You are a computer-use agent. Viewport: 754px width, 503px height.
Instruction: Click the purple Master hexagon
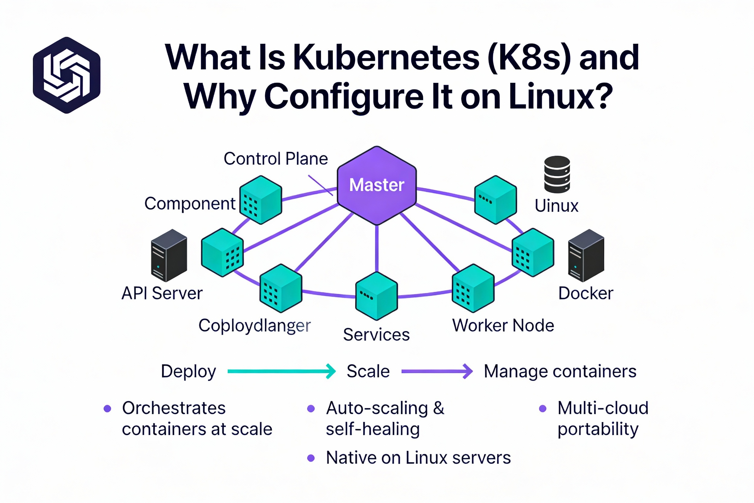[377, 185]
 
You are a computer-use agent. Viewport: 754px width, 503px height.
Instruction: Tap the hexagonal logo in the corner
[67, 75]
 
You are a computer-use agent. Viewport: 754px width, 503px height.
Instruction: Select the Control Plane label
[276, 158]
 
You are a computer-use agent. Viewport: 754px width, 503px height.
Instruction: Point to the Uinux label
[556, 206]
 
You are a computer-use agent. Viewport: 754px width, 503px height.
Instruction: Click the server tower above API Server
[169, 255]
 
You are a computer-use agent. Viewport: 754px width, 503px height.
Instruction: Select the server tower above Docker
[586, 255]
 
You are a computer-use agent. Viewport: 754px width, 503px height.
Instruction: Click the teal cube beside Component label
[261, 200]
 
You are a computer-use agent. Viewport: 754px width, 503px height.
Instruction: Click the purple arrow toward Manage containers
[437, 372]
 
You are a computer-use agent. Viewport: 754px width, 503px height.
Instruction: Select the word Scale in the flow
[368, 372]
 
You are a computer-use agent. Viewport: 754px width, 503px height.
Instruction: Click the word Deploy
[188, 372]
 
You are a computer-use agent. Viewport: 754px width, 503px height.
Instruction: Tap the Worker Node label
[503, 325]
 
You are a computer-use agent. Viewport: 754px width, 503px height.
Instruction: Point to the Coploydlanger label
[255, 326]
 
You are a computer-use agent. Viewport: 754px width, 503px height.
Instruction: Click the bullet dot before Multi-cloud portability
[543, 408]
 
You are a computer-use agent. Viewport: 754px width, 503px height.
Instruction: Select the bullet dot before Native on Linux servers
[311, 458]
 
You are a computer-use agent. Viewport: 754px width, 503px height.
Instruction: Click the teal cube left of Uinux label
[495, 200]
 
